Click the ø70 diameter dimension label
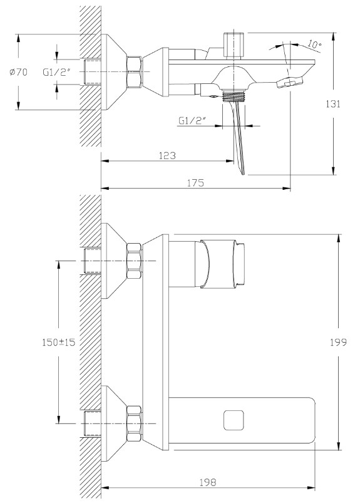[x=19, y=72]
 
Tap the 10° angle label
[x=314, y=44]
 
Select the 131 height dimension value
[x=333, y=103]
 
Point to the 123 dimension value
[x=167, y=155]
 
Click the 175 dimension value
[x=195, y=182]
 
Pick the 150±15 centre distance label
[x=59, y=342]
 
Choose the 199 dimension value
[x=339, y=342]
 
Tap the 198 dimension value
[x=208, y=482]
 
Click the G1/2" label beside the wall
[x=56, y=72]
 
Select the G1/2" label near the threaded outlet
[x=192, y=121]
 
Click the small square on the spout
[x=234, y=420]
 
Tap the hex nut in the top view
[x=135, y=72]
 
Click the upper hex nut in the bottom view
[x=135, y=261]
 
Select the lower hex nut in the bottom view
[x=135, y=423]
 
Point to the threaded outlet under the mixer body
[x=234, y=96]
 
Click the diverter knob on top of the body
[x=234, y=46]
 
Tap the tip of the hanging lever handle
[x=243, y=174]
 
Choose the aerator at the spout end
[x=290, y=82]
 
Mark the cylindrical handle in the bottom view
[x=223, y=264]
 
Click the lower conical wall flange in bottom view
[x=114, y=423]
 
